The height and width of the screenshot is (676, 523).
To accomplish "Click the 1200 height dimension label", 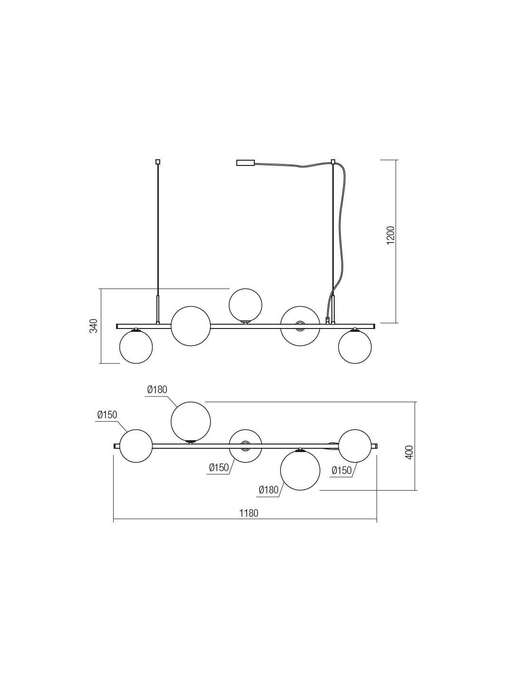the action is (x=391, y=235).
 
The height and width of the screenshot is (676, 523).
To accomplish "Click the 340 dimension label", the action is (x=94, y=326).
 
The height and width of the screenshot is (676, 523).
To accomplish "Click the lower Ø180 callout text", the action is (x=269, y=490).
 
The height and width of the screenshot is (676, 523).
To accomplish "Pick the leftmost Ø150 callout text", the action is (x=107, y=415).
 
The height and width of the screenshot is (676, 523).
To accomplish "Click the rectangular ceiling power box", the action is (x=245, y=163).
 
